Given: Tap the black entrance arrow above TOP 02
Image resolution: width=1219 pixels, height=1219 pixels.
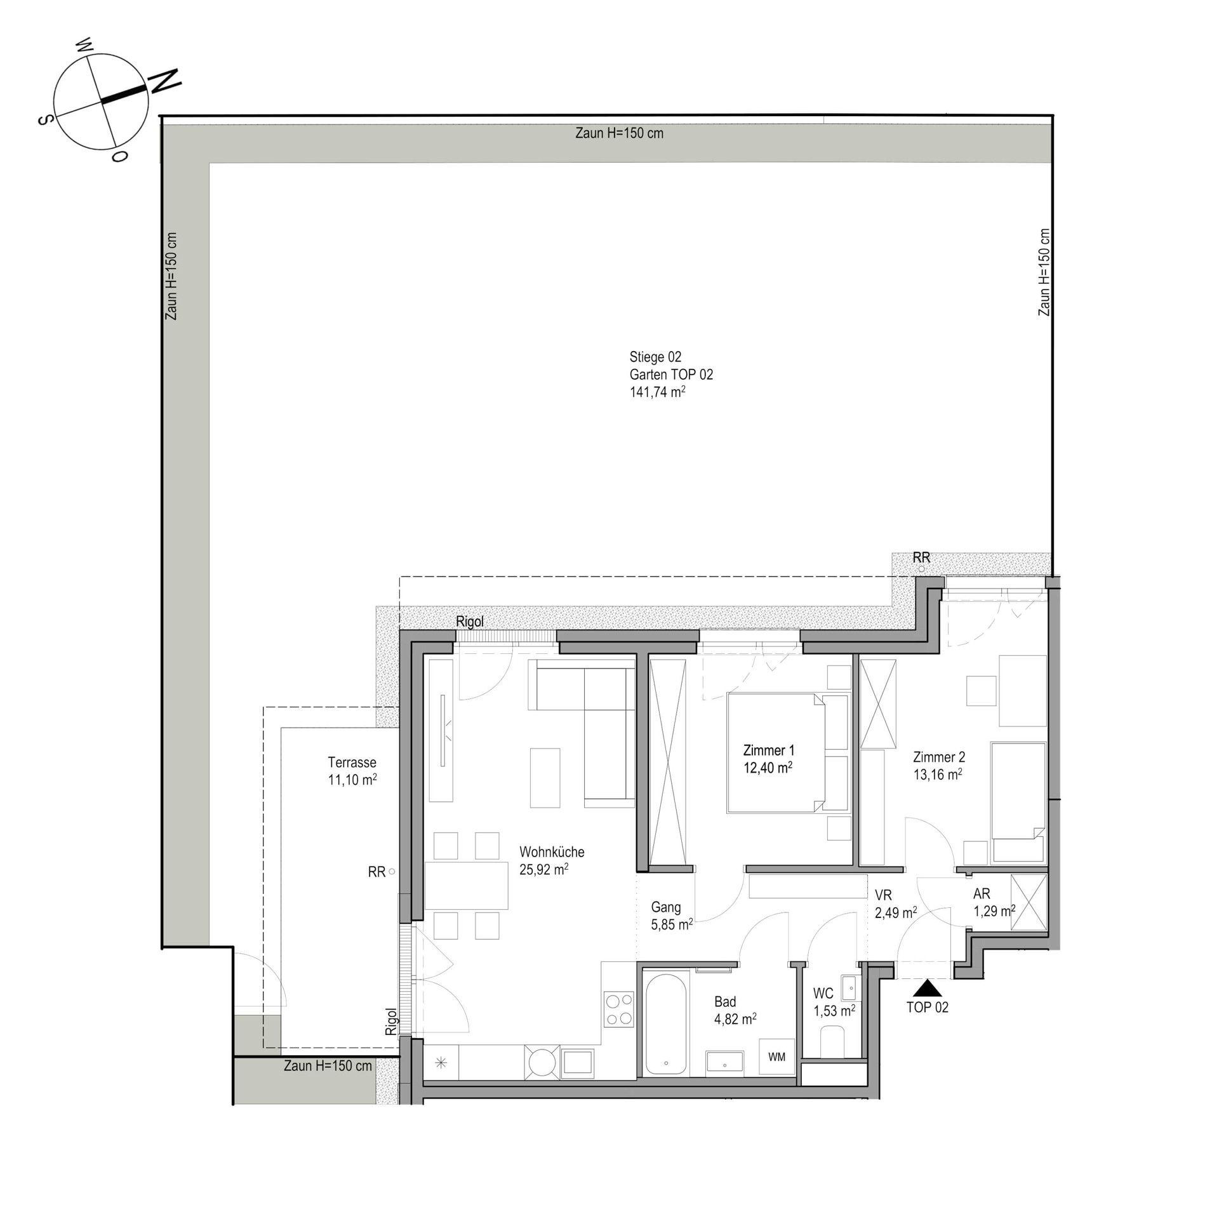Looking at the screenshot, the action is [x=928, y=988].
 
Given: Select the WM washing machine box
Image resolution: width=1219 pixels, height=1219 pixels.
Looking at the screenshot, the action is [x=777, y=1056].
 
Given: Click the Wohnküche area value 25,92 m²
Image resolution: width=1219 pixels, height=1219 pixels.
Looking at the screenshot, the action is [x=543, y=869].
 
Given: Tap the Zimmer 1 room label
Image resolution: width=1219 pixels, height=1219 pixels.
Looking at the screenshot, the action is [x=769, y=750].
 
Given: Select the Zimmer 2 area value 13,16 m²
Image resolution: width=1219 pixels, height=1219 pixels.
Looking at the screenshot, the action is [x=938, y=774].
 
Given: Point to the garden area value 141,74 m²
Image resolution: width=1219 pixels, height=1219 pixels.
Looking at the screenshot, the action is [x=657, y=392].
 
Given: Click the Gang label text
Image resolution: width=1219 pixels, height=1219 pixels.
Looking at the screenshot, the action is [x=665, y=907].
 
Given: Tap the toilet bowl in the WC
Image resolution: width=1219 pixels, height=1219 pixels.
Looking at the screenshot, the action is [x=832, y=1043].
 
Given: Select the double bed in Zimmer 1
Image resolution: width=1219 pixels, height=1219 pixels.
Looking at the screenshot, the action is [x=788, y=752].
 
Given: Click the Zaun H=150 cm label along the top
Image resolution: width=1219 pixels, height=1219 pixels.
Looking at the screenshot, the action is [x=619, y=133].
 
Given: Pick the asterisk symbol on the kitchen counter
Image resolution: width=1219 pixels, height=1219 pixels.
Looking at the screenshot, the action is [x=441, y=1062].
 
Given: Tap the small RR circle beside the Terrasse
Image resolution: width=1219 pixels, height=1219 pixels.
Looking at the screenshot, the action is [x=392, y=872].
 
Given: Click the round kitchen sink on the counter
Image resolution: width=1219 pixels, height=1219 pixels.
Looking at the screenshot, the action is [x=542, y=1061].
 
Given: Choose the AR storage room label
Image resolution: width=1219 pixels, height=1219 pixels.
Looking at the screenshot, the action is [x=982, y=894].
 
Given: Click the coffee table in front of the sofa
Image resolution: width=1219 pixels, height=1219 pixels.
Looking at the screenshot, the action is [x=545, y=778].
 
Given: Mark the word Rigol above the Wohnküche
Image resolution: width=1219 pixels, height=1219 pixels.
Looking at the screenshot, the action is [x=470, y=621].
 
